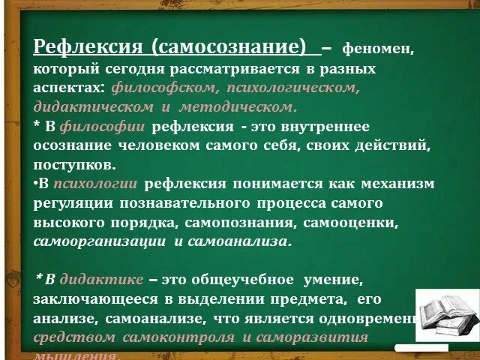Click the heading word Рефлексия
click(x=88, y=47)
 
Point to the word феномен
click(x=377, y=49)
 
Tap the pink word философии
click(x=102, y=127)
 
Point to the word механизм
click(x=397, y=183)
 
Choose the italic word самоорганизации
click(x=100, y=241)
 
